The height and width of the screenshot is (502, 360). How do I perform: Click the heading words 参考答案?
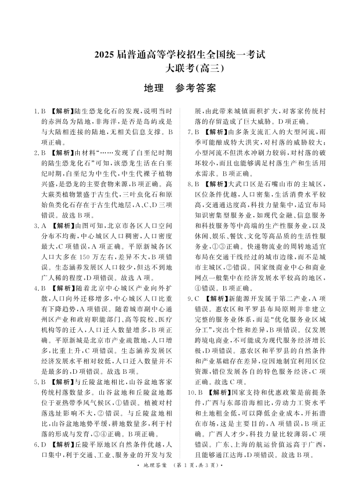pos(195,89)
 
